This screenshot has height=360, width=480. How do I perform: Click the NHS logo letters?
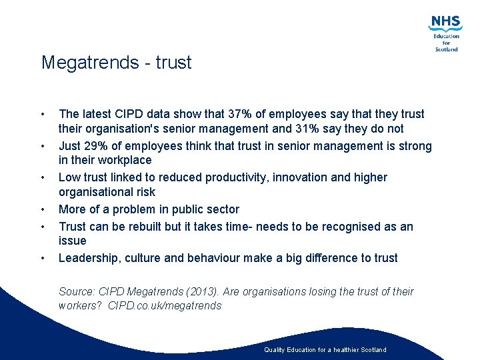point(445,23)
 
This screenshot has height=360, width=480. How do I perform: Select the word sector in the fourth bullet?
point(222,209)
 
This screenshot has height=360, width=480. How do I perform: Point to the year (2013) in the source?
point(199,292)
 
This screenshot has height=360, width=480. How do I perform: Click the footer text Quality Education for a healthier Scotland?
point(325,349)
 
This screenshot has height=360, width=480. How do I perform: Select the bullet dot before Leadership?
point(43,258)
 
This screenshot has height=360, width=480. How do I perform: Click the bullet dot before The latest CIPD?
point(43,114)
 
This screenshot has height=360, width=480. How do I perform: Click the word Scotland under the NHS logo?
point(446,49)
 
